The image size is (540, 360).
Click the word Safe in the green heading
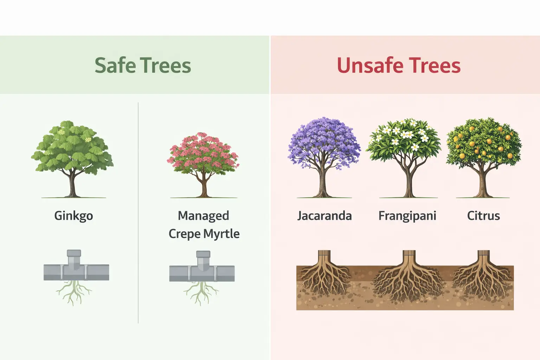[x=115, y=65]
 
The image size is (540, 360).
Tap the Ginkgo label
[x=73, y=216]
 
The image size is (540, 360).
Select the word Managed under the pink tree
[x=203, y=216]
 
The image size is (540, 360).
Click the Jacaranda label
[x=324, y=216]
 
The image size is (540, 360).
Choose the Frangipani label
[x=407, y=216]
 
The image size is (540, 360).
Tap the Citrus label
[x=483, y=216]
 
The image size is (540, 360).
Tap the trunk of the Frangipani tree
[x=409, y=183]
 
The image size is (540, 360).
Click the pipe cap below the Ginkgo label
[x=74, y=253]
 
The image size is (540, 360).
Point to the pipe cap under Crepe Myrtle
[x=203, y=254]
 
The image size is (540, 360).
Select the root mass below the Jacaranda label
[x=323, y=278]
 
